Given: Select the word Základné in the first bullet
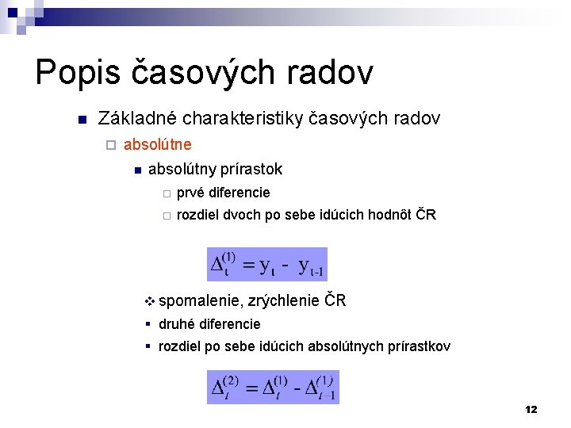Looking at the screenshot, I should pyautogui.click(x=136, y=119).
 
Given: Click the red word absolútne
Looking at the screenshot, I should pyautogui.click(x=157, y=145).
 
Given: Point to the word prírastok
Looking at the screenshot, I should pyautogui.click(x=253, y=169).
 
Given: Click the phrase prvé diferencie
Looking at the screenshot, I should pyautogui.click(x=223, y=193).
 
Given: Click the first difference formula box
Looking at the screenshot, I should pyautogui.click(x=267, y=265).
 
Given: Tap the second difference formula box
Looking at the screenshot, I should pyautogui.click(x=273, y=387).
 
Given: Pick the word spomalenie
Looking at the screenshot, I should pyautogui.click(x=201, y=300).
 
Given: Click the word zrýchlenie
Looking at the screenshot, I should pyautogui.click(x=285, y=300).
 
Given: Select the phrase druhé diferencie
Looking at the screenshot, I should pyautogui.click(x=209, y=324).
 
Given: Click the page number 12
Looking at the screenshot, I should pyautogui.click(x=531, y=409).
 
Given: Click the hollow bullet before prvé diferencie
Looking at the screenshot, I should pyautogui.click(x=165, y=193).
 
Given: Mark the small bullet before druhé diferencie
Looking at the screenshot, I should pyautogui.click(x=149, y=324).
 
